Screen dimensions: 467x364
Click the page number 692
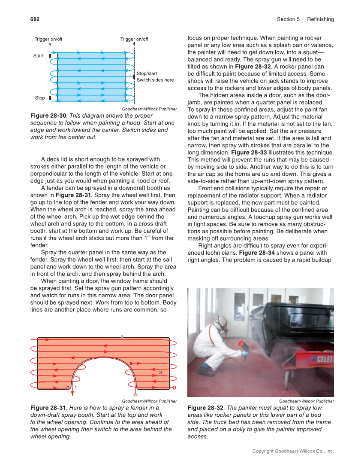click(x=35, y=19)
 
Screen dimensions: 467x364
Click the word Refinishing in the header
click(x=320, y=19)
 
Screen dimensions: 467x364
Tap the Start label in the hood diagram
click(x=39, y=56)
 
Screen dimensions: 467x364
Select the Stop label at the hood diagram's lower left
click(x=40, y=98)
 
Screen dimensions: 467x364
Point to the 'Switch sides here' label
click(x=155, y=80)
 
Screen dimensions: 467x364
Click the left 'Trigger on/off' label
click(x=48, y=39)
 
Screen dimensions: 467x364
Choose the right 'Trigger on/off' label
click(x=134, y=39)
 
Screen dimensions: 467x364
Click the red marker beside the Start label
click(x=50, y=56)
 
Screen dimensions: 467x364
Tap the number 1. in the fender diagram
click(x=76, y=387)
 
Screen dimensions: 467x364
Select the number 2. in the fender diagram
click(x=123, y=338)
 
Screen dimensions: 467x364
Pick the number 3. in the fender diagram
click(x=161, y=372)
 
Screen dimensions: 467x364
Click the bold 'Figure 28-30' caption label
click(x=48, y=116)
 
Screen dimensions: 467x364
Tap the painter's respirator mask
click(x=223, y=329)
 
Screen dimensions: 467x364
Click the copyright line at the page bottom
click(x=293, y=451)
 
